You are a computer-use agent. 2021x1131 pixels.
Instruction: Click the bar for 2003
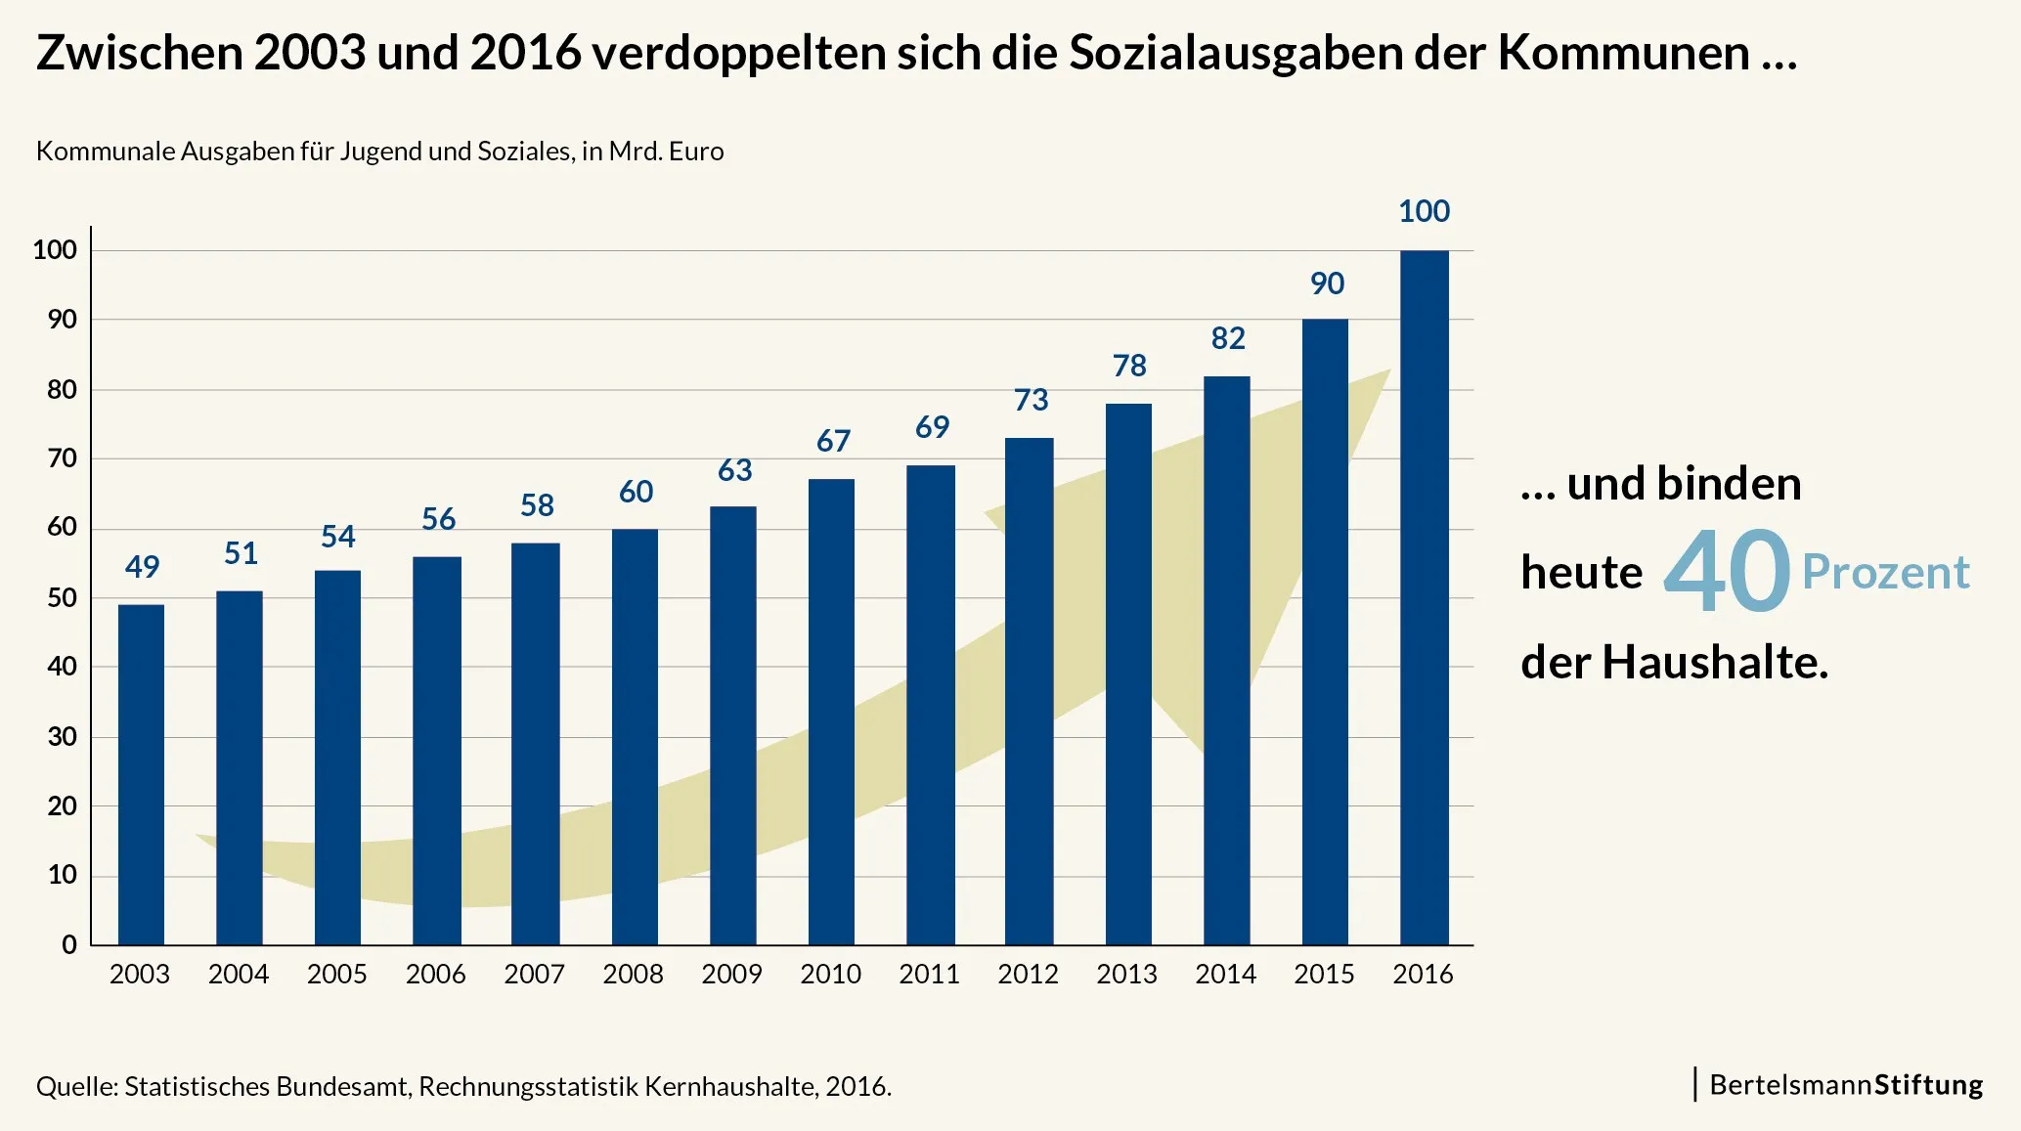tap(141, 774)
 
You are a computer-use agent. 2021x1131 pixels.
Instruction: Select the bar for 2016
tap(1424, 597)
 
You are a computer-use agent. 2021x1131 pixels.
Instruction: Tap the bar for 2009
tap(732, 725)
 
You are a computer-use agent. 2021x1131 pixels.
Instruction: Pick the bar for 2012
tap(1029, 691)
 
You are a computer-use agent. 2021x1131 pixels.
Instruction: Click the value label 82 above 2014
tap(1228, 338)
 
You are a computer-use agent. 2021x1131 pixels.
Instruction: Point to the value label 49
tap(142, 567)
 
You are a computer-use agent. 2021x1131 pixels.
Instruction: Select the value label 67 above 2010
tap(833, 441)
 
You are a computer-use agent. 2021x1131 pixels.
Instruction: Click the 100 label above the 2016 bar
tap(1424, 211)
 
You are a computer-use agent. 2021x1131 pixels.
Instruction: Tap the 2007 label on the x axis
tap(534, 974)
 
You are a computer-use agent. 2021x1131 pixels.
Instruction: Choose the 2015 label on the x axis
tap(1324, 974)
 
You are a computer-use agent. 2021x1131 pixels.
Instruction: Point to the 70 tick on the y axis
tap(62, 458)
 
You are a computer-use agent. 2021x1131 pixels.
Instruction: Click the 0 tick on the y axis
tap(69, 945)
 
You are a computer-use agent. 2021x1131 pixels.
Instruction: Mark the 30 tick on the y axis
tap(62, 737)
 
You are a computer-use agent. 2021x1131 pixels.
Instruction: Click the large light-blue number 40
tap(1727, 572)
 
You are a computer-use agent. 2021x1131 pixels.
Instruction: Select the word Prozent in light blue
tap(1885, 572)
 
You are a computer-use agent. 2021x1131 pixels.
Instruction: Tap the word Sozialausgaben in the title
tap(1235, 53)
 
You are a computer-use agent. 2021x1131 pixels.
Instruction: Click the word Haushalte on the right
tap(1714, 663)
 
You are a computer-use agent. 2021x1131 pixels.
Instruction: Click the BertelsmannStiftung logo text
tap(1846, 1085)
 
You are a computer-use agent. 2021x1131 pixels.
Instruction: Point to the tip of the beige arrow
tap(1388, 371)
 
